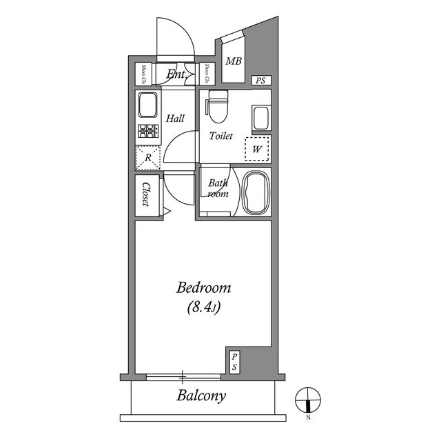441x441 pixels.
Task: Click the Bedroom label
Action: tap(203, 287)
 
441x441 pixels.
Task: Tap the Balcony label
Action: tap(201, 396)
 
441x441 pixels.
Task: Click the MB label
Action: tap(234, 61)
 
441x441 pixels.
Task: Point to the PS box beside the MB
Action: tap(260, 81)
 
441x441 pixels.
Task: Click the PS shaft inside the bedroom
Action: tap(234, 362)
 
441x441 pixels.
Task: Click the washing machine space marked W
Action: tap(256, 148)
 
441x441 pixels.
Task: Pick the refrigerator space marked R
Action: tap(147, 158)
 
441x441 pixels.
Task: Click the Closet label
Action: tap(146, 194)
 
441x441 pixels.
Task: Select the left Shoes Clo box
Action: tap(144, 74)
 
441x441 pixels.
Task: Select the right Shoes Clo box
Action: tap(207, 74)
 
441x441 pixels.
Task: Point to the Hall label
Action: tap(175, 119)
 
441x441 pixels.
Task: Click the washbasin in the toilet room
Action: tap(260, 117)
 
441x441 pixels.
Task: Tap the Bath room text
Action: tap(218, 188)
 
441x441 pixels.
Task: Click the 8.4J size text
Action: tap(203, 308)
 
